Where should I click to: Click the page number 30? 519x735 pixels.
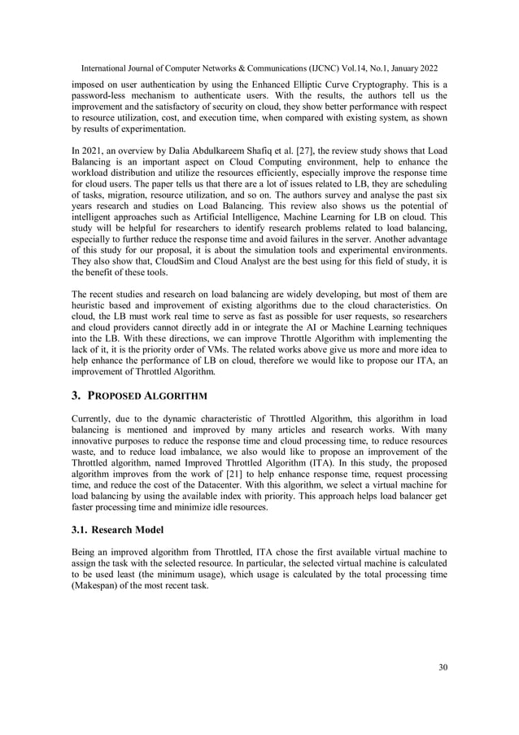[x=442, y=667]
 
